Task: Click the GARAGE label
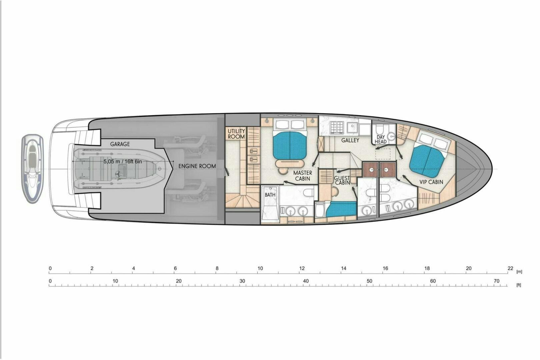click(120, 144)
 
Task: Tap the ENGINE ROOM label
click(197, 166)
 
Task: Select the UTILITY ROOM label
click(236, 134)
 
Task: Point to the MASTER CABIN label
click(303, 176)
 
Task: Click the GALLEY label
click(350, 140)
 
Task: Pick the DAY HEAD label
click(381, 139)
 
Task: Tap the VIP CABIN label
click(431, 182)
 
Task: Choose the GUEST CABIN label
click(342, 180)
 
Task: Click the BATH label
click(270, 195)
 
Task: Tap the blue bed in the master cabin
click(290, 145)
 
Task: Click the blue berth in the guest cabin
click(341, 209)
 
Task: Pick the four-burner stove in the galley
click(337, 127)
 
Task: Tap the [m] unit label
click(519, 272)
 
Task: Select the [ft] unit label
click(519, 285)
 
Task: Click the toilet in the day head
click(379, 128)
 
